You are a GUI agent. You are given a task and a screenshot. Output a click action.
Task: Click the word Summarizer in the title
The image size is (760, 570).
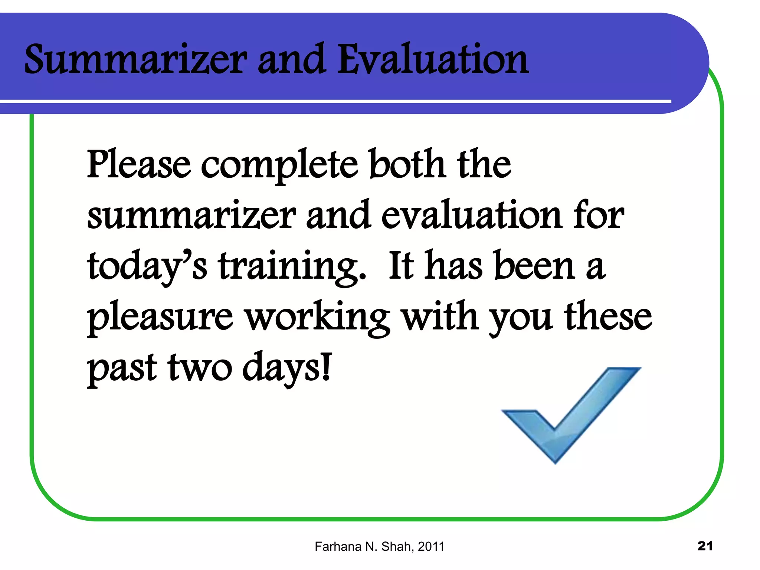pos(135,59)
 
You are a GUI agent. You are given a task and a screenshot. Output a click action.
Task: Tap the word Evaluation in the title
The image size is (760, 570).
pos(433,59)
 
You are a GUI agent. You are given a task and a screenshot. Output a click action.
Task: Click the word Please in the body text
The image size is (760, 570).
pos(138,164)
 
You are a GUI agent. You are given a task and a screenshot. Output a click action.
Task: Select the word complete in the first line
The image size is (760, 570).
pos(279,166)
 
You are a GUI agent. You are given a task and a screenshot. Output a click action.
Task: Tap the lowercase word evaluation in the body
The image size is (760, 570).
pos(471,215)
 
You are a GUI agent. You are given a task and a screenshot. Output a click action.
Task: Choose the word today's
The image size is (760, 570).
pos(147,266)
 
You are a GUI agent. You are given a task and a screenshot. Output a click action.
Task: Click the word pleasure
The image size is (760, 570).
pos(160,318)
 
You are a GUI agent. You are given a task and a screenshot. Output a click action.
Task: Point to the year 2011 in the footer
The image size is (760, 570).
pos(431,547)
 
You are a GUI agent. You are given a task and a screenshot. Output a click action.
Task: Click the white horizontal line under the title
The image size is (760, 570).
pos(334,101)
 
